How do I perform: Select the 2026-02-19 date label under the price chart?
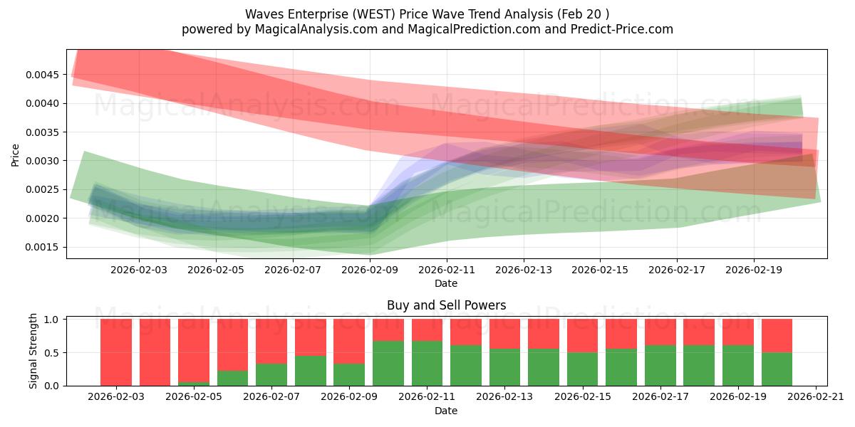(x=754, y=270)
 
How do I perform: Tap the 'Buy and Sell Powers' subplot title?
(x=446, y=305)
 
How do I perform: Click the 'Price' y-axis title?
(x=16, y=154)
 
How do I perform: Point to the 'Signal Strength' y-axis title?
(x=33, y=351)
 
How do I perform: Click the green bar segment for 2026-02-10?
(x=388, y=363)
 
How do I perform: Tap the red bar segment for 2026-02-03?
(x=116, y=352)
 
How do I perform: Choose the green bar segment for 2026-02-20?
(x=777, y=369)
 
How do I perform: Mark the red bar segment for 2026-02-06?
(x=233, y=344)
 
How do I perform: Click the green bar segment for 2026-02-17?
(x=660, y=365)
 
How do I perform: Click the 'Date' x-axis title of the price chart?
(x=446, y=283)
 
